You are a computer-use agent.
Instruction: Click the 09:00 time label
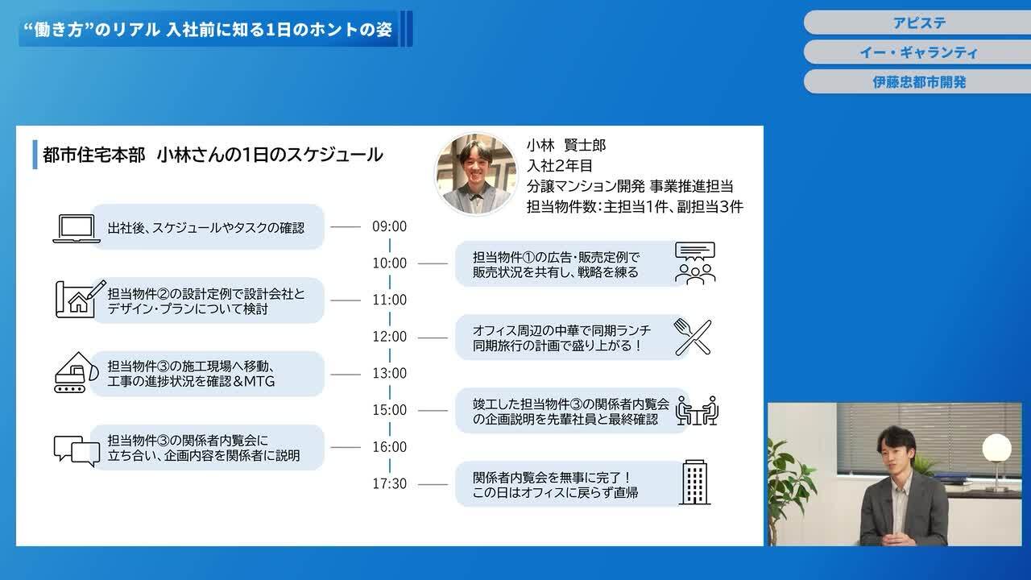pyautogui.click(x=389, y=226)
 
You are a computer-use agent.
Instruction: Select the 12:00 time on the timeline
pyautogui.click(x=389, y=337)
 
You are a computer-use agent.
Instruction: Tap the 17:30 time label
pyautogui.click(x=389, y=483)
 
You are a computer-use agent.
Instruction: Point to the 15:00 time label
pyautogui.click(x=389, y=410)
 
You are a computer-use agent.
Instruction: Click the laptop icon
pyautogui.click(x=77, y=228)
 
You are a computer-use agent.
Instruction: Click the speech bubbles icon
pyautogui.click(x=77, y=449)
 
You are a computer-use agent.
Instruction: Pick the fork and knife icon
pyautogui.click(x=693, y=337)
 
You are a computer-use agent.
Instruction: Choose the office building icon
pyautogui.click(x=694, y=483)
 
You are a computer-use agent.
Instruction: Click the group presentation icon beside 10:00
pyautogui.click(x=694, y=263)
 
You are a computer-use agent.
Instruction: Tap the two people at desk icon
pyautogui.click(x=696, y=411)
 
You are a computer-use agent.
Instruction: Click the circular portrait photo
pyautogui.click(x=476, y=174)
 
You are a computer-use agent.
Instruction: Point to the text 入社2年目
pyautogui.click(x=559, y=166)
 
